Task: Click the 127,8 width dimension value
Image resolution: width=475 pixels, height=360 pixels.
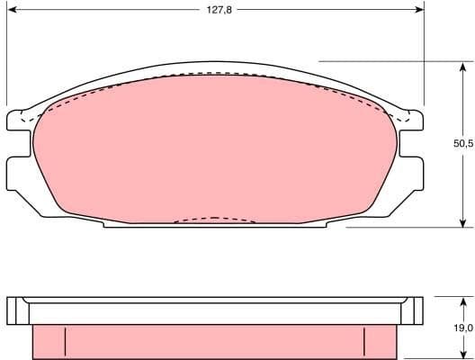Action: click(x=214, y=11)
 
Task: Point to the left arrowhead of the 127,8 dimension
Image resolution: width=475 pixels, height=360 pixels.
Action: click(x=11, y=11)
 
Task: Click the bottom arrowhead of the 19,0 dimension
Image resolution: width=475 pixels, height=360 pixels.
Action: click(x=461, y=355)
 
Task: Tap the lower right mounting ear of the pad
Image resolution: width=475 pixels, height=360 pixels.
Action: click(x=411, y=171)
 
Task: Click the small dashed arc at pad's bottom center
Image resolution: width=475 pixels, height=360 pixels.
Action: click(x=213, y=218)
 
